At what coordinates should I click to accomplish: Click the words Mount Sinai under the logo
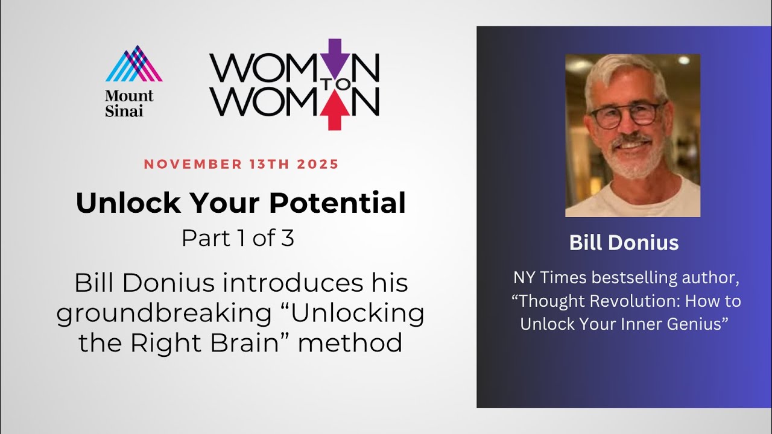coord(129,103)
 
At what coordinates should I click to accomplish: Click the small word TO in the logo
coord(343,84)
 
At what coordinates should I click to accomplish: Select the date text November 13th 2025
coord(241,164)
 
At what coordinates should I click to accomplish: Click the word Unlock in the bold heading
coord(112,204)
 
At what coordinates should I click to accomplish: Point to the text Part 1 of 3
coord(238,238)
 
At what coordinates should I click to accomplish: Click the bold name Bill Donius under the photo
coord(624,243)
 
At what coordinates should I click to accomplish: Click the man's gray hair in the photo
coord(621,69)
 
